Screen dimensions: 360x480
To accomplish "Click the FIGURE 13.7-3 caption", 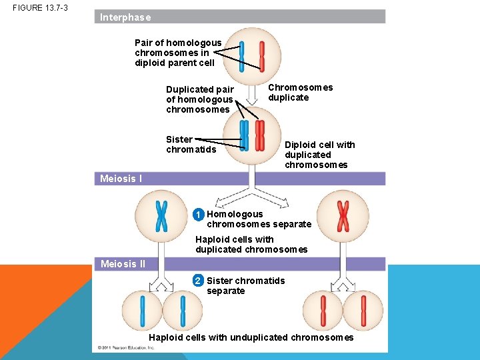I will (40, 8).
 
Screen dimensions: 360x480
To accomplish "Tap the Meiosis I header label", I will (121, 179).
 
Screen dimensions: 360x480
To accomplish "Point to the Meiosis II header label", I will (123, 264).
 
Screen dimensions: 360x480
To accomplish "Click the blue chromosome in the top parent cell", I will (242, 57).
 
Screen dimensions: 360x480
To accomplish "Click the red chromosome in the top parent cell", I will (262, 57).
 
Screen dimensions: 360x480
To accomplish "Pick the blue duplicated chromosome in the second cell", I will (244, 135).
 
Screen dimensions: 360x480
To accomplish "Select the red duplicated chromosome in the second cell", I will (260, 135).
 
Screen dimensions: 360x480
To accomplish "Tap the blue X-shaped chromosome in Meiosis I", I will (161, 215).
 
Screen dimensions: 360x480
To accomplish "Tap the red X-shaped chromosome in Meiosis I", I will (343, 215).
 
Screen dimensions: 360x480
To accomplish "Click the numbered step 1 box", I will (199, 215).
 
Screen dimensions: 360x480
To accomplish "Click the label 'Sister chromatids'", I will (191, 144).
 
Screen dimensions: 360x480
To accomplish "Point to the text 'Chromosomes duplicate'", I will (300, 93).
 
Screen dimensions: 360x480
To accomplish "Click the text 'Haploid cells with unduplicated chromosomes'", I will (251, 337).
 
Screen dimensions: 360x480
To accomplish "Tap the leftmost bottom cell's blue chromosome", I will (142, 311).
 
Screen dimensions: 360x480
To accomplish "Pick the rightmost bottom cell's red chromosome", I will (363, 311).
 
